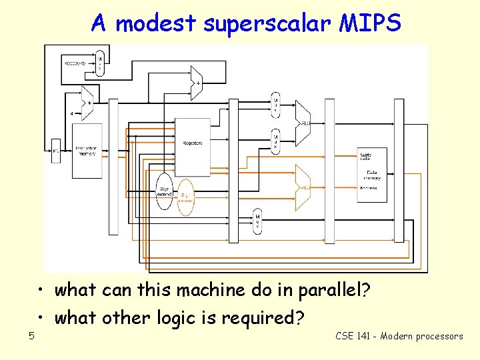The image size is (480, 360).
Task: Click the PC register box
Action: pos(56,151)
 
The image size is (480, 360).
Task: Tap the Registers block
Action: pos(192,143)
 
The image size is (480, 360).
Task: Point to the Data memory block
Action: pos(371,175)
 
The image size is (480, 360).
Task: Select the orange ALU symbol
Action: pos(303,183)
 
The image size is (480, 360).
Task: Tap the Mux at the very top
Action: pos(100,61)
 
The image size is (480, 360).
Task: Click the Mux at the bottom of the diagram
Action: pos(257,221)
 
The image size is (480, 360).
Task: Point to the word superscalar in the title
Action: pos(267,24)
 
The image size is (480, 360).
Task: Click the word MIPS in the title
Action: pos(370,24)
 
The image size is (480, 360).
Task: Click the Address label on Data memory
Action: pos(367,188)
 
